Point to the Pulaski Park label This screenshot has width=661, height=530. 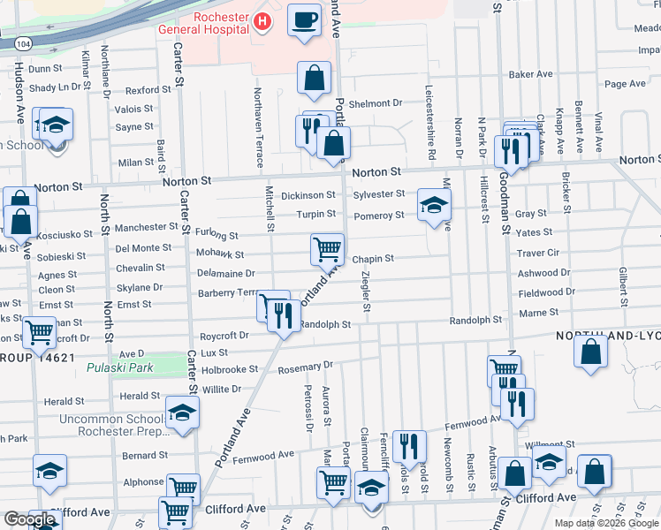coord(125,367)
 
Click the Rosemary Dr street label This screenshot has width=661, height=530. coord(305,365)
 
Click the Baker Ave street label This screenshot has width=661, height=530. coord(529,74)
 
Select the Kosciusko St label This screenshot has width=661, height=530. coord(53,241)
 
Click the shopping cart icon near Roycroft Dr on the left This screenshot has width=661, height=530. coord(40,332)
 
